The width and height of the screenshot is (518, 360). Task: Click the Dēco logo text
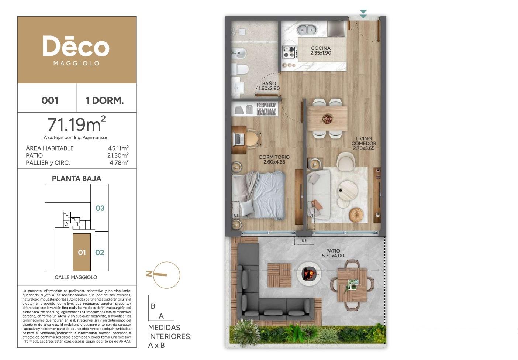point(76,46)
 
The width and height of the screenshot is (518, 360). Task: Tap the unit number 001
point(50,100)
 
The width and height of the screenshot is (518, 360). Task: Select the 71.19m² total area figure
point(76,124)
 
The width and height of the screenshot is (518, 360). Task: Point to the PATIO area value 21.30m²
point(118,155)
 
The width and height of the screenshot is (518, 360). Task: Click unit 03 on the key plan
point(100,208)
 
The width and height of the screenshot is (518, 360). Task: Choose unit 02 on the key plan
point(100,253)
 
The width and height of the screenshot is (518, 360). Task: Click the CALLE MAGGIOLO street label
point(76,277)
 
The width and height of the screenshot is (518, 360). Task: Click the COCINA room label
point(321,48)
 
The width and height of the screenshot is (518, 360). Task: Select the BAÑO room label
point(269,83)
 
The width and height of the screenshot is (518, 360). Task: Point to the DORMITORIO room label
point(274,157)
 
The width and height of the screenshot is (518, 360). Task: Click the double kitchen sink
point(307,30)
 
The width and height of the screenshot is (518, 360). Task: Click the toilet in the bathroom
point(241,69)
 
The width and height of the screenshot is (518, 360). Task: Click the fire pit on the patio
point(309,274)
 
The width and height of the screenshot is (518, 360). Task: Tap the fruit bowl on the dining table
point(327,119)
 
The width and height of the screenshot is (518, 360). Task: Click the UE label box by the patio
point(304,241)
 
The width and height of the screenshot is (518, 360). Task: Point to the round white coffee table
point(348,191)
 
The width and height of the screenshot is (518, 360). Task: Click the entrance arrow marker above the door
point(363,14)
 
